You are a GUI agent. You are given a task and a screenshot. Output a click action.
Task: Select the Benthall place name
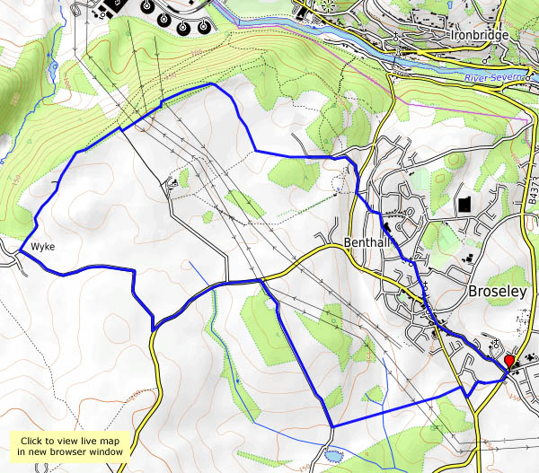coord(367,243)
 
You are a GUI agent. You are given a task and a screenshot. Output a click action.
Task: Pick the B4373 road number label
coord(532,193)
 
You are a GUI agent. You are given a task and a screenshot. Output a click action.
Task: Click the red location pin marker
coord(509,361)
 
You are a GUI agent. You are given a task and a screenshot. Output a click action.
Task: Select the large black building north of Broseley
coord(464,204)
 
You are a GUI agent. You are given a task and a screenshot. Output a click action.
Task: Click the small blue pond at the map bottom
coord(334,455)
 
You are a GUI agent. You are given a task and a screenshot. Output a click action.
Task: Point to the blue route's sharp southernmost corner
coord(331,425)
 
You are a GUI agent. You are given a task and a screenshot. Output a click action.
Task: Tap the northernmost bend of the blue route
coord(210,83)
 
